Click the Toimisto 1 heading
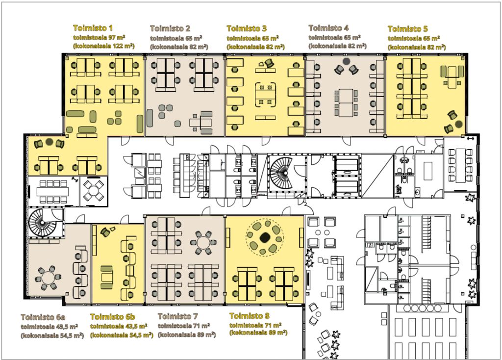93,28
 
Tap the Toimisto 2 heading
170,28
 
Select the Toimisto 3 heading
247,28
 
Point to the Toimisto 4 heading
328,28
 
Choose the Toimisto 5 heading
407,29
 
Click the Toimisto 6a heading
43,317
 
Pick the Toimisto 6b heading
112,317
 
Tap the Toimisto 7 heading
177,316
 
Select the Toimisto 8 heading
250,316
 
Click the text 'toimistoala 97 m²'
99,37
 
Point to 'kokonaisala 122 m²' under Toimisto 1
104,46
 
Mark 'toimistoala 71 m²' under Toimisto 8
255,325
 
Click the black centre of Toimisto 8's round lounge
264,237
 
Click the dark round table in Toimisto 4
346,61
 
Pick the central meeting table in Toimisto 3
265,95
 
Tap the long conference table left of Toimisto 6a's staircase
52,192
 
